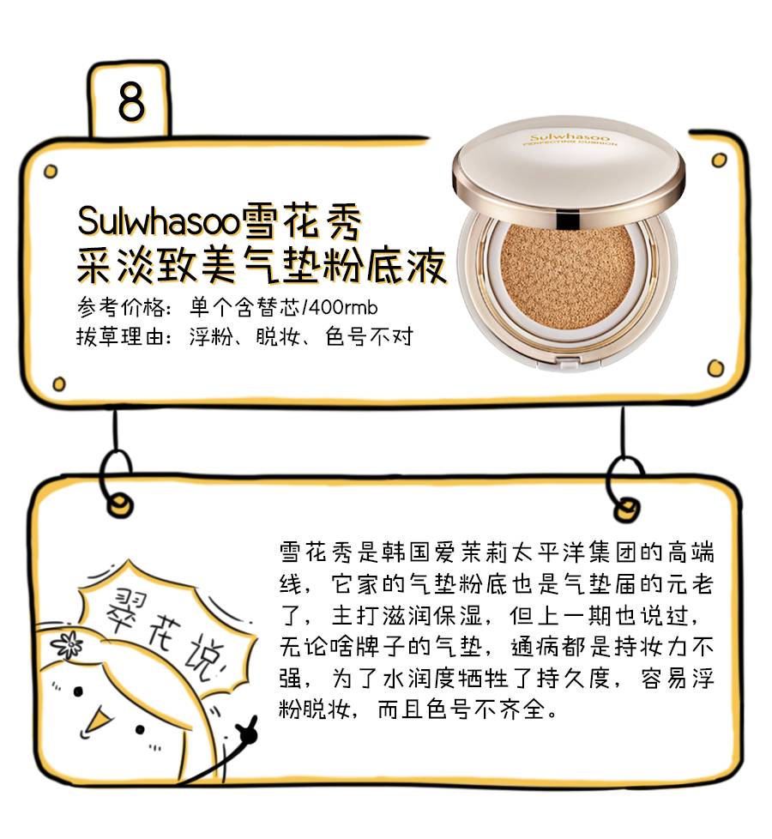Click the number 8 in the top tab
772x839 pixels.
coord(131,102)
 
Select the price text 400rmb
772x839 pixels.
coord(347,307)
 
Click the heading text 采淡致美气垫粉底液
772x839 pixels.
coord(262,268)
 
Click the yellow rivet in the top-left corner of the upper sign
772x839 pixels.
coord(51,170)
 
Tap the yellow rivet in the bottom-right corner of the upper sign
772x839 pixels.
coord(715,368)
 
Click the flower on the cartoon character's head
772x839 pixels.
coord(68,643)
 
